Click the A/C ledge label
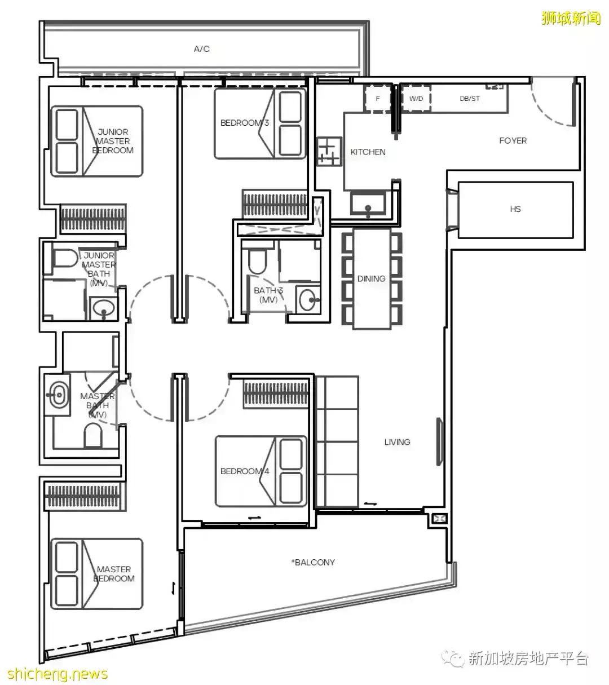(201, 49)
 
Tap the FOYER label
(513, 140)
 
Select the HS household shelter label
(515, 209)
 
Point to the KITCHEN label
(368, 152)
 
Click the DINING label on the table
(371, 279)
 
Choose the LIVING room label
(397, 442)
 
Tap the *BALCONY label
(313, 562)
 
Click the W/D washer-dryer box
(416, 99)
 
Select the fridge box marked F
(378, 99)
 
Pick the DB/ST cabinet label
(470, 99)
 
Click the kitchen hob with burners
(329, 151)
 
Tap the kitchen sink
(368, 203)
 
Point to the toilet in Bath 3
(257, 261)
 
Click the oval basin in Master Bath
(58, 394)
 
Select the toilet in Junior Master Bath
(65, 259)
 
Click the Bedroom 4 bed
(261, 471)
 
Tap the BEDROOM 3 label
(245, 123)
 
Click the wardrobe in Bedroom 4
(276, 394)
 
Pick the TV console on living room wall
(439, 442)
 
